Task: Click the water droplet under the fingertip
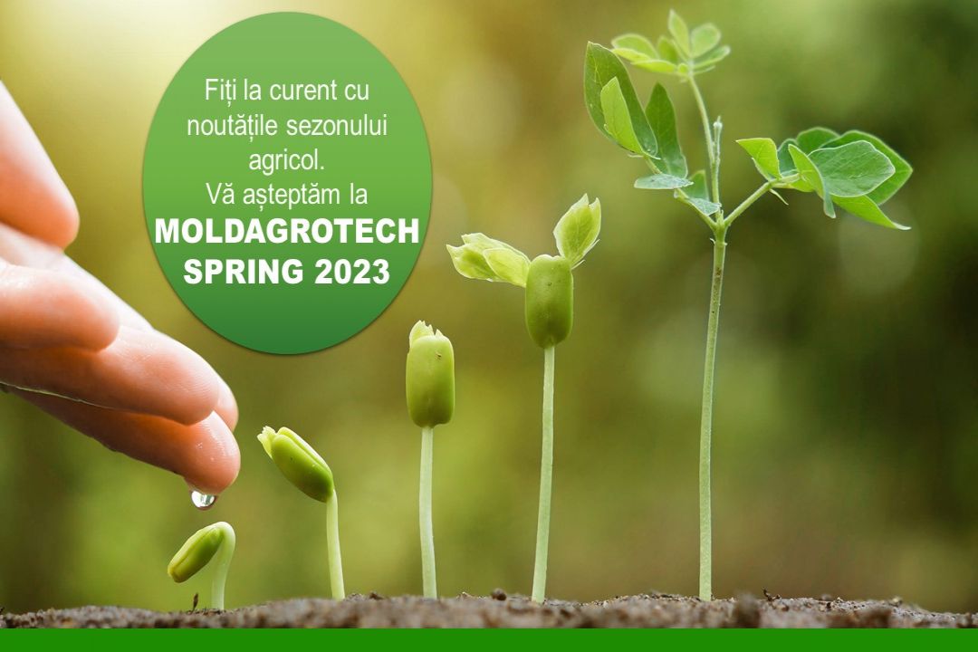pos(203,499)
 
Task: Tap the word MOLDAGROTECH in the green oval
pos(287,232)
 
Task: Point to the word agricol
pos(287,161)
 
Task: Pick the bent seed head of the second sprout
pos(296,463)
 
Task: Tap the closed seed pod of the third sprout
pos(430,376)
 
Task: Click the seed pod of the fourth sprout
pos(549,301)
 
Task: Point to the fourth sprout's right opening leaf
pos(578,227)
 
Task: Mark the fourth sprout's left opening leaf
pos(488,258)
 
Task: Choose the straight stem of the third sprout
pos(427,512)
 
